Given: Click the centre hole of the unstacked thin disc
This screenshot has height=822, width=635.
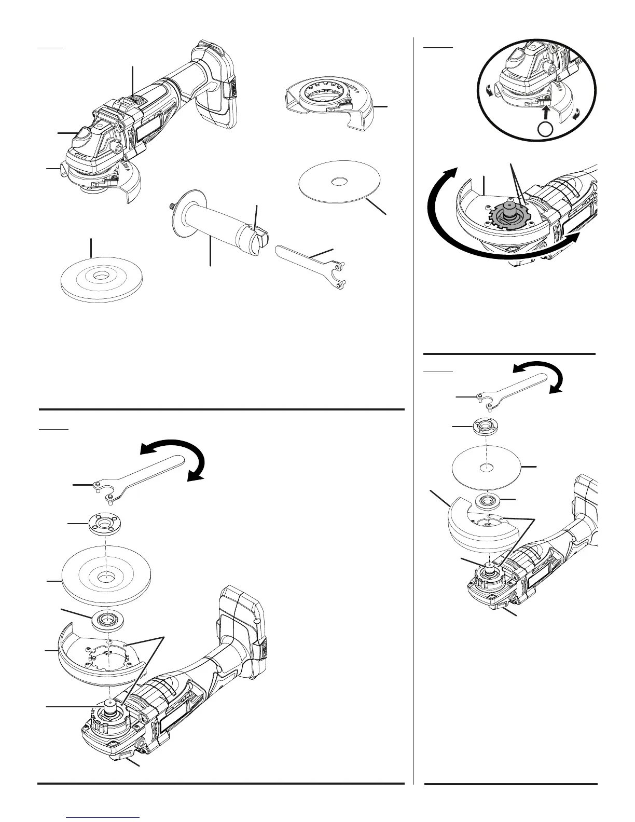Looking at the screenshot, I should click(x=339, y=182).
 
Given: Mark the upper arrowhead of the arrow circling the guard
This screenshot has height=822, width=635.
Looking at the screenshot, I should click(x=453, y=172).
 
